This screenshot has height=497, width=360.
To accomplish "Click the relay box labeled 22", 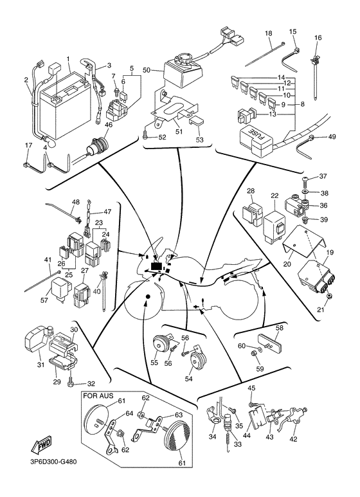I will click(278, 219).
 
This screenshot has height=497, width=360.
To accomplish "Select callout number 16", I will click(317, 38).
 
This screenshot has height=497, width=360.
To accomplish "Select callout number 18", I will click(268, 33).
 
